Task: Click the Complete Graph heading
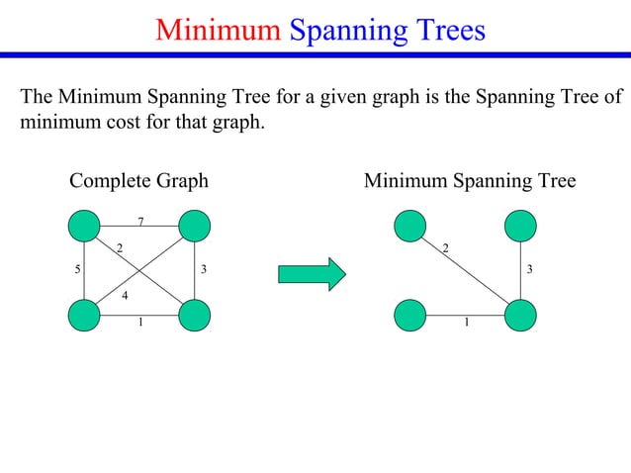[138, 181]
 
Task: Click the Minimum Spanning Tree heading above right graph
[470, 181]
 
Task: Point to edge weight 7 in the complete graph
[140, 221]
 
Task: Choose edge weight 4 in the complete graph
[125, 295]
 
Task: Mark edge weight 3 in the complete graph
[204, 269]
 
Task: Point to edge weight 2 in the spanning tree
[445, 246]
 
